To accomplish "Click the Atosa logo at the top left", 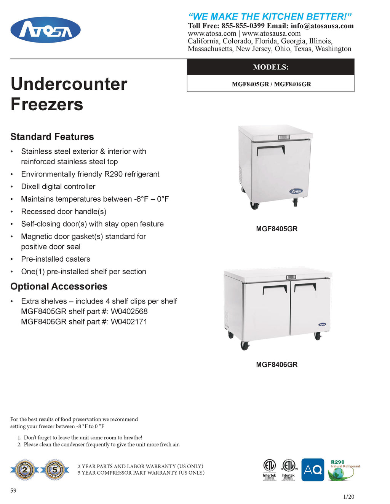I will (x=45, y=30).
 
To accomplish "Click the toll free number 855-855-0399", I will (x=243, y=26).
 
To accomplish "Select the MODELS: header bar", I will (x=270, y=67).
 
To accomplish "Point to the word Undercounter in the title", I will (x=69, y=84).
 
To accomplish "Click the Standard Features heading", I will (x=52, y=137).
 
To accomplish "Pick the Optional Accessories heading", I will (x=59, y=286).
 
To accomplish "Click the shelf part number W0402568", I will (x=129, y=312).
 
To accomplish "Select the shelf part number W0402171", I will (x=129, y=322).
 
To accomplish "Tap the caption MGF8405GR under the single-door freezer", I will (x=277, y=229).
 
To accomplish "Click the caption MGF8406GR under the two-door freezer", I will (x=277, y=365).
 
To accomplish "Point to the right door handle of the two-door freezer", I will (x=305, y=286).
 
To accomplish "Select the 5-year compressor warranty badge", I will (x=55, y=470).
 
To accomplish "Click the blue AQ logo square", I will (x=313, y=470).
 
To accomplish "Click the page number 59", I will (x=13, y=491).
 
